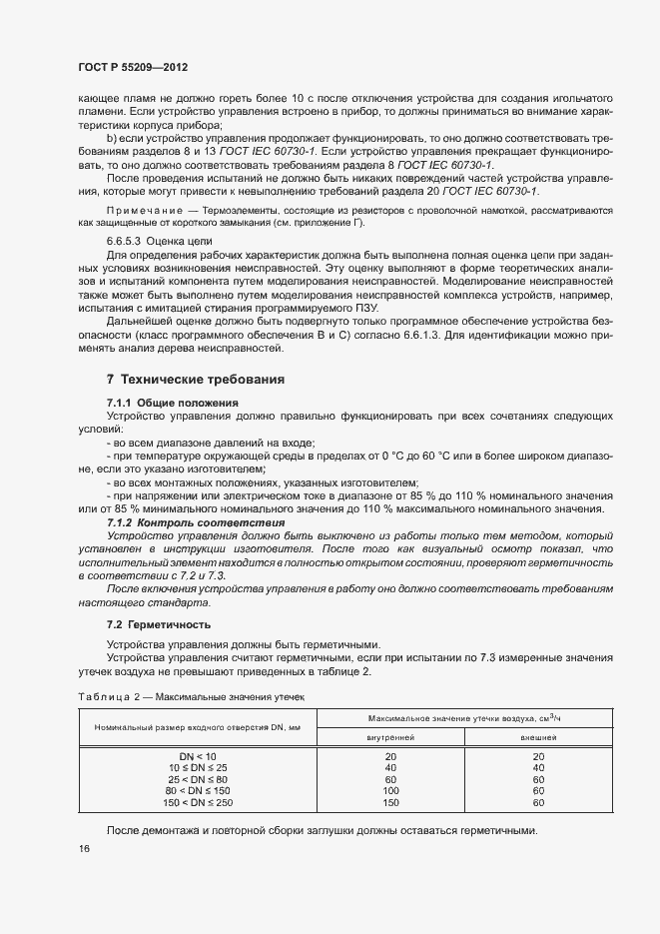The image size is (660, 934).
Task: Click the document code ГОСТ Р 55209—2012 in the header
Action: click(134, 68)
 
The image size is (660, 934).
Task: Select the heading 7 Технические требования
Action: click(196, 380)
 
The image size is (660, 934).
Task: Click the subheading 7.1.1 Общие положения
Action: click(172, 402)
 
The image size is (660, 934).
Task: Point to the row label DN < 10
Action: click(197, 756)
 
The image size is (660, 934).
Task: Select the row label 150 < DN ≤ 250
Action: click(197, 802)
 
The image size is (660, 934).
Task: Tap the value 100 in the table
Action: click(390, 790)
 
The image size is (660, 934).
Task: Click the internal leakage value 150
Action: click(390, 802)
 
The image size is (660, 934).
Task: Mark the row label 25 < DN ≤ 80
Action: click(197, 779)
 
